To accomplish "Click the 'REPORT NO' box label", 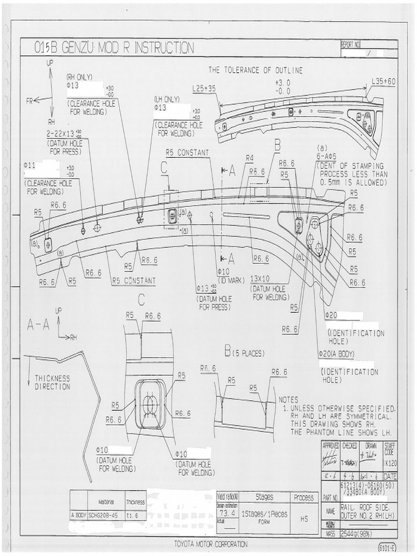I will coord(350,45).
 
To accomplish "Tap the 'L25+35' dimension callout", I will coord(204,88).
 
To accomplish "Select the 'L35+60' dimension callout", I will coord(384,81).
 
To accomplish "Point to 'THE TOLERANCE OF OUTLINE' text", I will coord(256,70).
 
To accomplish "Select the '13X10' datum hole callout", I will coord(263,279).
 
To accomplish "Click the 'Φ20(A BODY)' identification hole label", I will coord(336,353).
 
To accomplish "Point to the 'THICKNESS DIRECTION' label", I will coord(53,382).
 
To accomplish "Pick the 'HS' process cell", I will coord(304,518).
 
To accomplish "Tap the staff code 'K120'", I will coord(389,465).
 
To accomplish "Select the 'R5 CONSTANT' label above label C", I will coord(187,153).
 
